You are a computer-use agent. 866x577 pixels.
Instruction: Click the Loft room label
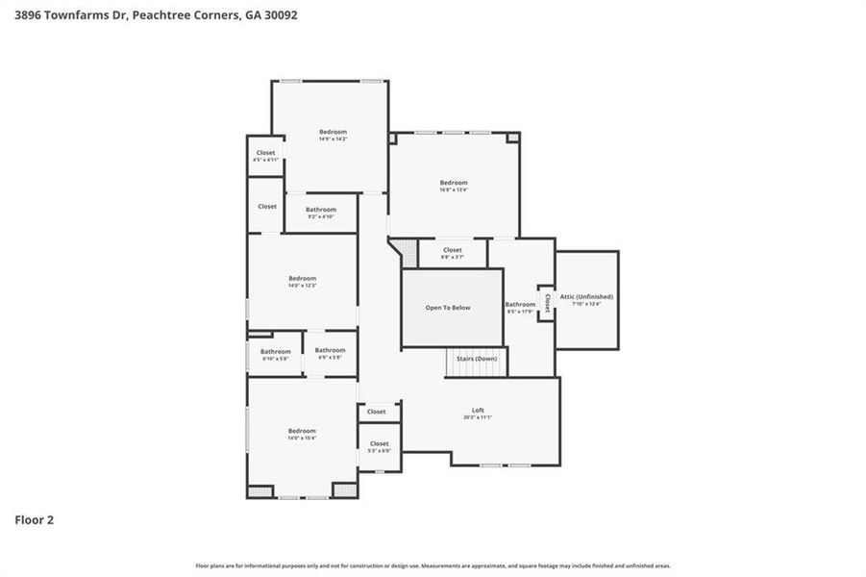pyautogui.click(x=478, y=411)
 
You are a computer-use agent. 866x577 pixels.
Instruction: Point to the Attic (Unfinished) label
pyautogui.click(x=586, y=297)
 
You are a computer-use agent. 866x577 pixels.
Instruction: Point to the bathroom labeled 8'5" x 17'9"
pyautogui.click(x=520, y=305)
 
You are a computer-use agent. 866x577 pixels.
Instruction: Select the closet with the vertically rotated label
pyautogui.click(x=547, y=303)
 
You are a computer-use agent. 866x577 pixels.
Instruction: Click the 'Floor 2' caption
pyautogui.click(x=34, y=520)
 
